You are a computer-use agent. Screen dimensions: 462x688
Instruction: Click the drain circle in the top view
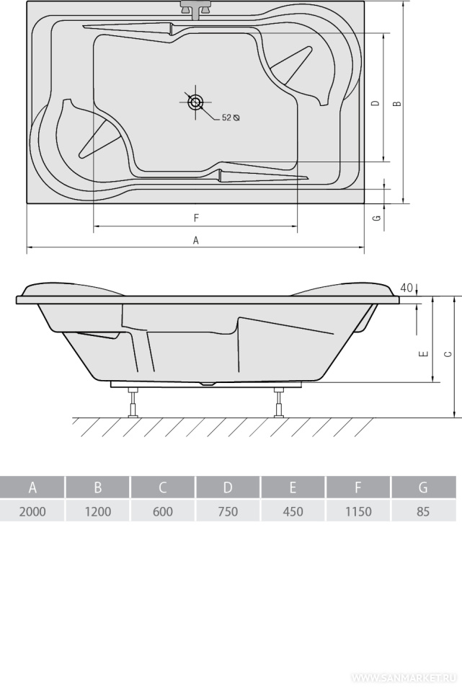[x=195, y=102]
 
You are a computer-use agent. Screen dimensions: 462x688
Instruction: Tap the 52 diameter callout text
[x=231, y=118]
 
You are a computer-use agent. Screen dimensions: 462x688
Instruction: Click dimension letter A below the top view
[x=196, y=240]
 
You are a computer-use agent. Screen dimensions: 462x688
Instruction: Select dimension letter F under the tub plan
[x=196, y=218]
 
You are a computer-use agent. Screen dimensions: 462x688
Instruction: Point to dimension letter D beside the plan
[x=375, y=103]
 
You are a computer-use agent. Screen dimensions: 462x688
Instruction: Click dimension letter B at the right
[x=396, y=104]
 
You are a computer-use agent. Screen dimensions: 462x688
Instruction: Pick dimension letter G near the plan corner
[x=377, y=217]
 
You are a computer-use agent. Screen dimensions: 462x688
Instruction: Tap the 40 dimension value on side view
[x=407, y=288]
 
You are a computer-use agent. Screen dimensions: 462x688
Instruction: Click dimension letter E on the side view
[x=424, y=353]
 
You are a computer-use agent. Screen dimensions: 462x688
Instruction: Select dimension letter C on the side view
[x=448, y=353]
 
